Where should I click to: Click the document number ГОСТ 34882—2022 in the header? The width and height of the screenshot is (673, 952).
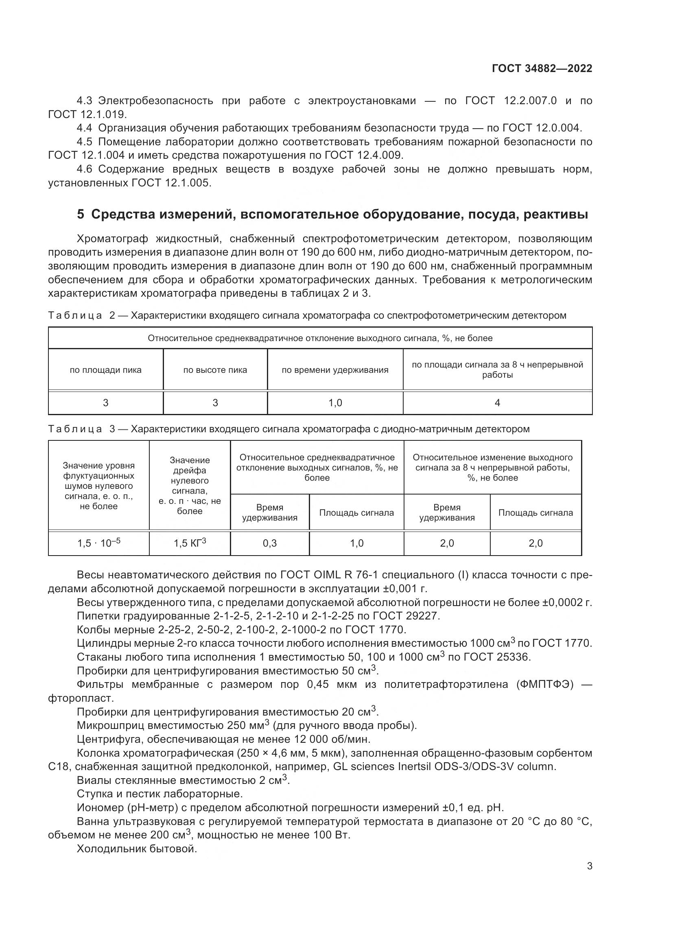pyautogui.click(x=542, y=68)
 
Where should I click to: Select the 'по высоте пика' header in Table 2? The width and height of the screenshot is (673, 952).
pyautogui.click(x=215, y=370)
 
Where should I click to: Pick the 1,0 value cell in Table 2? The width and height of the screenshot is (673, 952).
pyautogui.click(x=335, y=403)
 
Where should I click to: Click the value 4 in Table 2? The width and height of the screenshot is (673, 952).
pyautogui.click(x=497, y=403)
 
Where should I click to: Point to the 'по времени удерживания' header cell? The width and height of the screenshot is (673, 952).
pyautogui.click(x=335, y=370)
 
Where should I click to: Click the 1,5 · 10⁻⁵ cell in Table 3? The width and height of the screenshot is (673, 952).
pyautogui.click(x=98, y=543)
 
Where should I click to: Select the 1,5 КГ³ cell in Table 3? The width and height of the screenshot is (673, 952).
pyautogui.click(x=189, y=543)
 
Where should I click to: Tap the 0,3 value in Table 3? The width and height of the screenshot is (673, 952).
pyautogui.click(x=269, y=543)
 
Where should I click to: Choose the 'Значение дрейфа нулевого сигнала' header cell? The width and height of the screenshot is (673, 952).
pyautogui.click(x=189, y=485)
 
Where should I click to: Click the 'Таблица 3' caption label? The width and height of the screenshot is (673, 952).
pyautogui.click(x=81, y=429)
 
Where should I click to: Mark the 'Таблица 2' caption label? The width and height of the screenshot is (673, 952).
pyautogui.click(x=81, y=315)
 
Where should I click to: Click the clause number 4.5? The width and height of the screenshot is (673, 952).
pyautogui.click(x=84, y=142)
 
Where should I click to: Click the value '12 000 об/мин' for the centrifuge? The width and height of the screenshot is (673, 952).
pyautogui.click(x=332, y=739)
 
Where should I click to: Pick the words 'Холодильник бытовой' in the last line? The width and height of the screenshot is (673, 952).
pyautogui.click(x=137, y=849)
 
